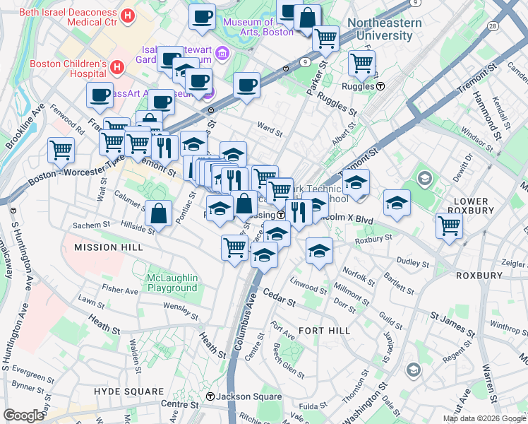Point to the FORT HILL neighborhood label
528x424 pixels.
click(x=324, y=330)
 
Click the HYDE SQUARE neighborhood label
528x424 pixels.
click(x=129, y=391)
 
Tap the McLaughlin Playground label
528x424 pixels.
click(x=172, y=283)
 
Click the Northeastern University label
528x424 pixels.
click(x=385, y=28)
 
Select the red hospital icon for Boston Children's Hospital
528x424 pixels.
click(x=117, y=68)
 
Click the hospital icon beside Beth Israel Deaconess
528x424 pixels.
click(x=128, y=15)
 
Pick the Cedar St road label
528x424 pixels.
click(x=278, y=296)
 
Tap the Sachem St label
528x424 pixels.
click(x=90, y=225)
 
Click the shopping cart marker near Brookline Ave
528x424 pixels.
click(x=61, y=149)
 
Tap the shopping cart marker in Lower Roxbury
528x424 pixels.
click(x=449, y=226)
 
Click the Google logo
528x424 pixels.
click(x=24, y=416)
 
